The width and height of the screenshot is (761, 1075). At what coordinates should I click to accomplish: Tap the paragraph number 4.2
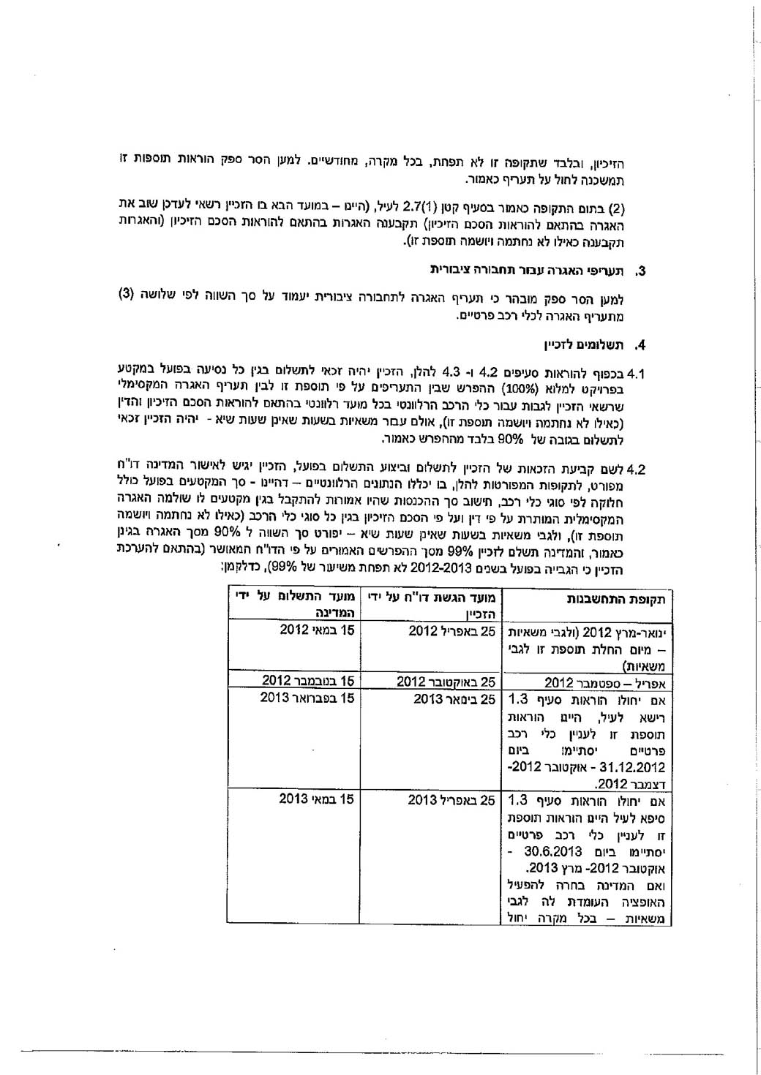[x=636, y=469]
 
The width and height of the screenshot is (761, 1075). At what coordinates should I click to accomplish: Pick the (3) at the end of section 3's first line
[x=126, y=295]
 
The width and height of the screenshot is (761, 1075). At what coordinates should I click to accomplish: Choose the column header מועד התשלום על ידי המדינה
[x=295, y=606]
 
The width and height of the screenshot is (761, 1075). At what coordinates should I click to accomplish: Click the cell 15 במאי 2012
[x=317, y=630]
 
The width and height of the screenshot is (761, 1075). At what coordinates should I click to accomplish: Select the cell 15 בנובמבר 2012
[x=309, y=682]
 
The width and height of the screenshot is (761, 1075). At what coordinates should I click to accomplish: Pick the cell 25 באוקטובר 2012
[x=446, y=682]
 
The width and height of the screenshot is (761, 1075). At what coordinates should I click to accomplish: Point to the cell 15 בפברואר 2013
[x=307, y=698]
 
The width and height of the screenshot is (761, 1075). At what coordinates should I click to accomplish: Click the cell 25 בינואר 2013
[x=454, y=698]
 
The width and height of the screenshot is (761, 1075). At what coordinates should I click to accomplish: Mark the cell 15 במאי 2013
[x=317, y=799]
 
